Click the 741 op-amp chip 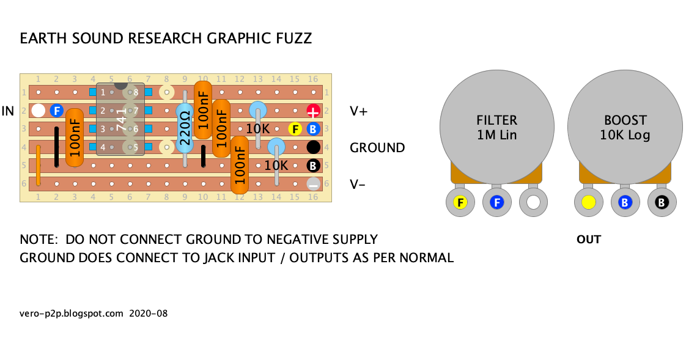(120, 119)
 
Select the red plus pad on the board (313, 111)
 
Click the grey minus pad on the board (313, 183)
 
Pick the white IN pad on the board (38, 111)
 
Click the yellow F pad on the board (295, 129)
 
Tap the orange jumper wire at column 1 (38, 165)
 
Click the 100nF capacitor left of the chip (75, 138)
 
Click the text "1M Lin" (496, 135)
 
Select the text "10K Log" (625, 135)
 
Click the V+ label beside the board (358, 111)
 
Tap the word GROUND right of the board (377, 147)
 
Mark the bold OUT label (588, 240)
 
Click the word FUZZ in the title (292, 39)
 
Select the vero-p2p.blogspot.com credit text (72, 314)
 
